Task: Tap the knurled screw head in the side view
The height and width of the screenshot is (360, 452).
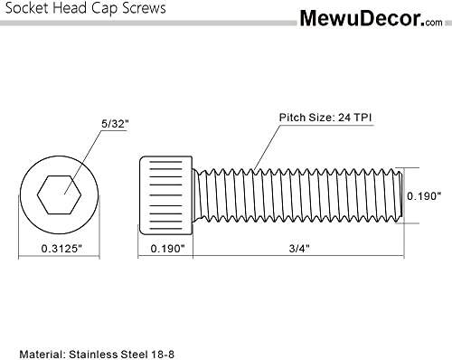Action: [168, 194]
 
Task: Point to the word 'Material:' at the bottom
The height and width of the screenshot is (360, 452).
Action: [45, 349]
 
